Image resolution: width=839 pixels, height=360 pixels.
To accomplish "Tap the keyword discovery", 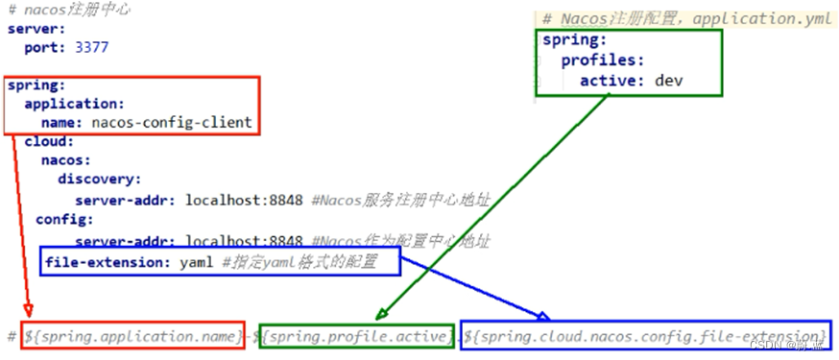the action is click(x=99, y=179).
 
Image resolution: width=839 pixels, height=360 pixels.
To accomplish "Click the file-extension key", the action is click(x=107, y=260).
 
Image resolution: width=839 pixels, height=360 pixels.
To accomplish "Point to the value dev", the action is click(x=668, y=81).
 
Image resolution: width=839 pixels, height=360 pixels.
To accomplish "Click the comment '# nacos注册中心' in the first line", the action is click(x=68, y=12).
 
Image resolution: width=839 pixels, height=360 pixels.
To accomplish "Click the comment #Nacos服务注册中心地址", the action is click(x=401, y=200).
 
